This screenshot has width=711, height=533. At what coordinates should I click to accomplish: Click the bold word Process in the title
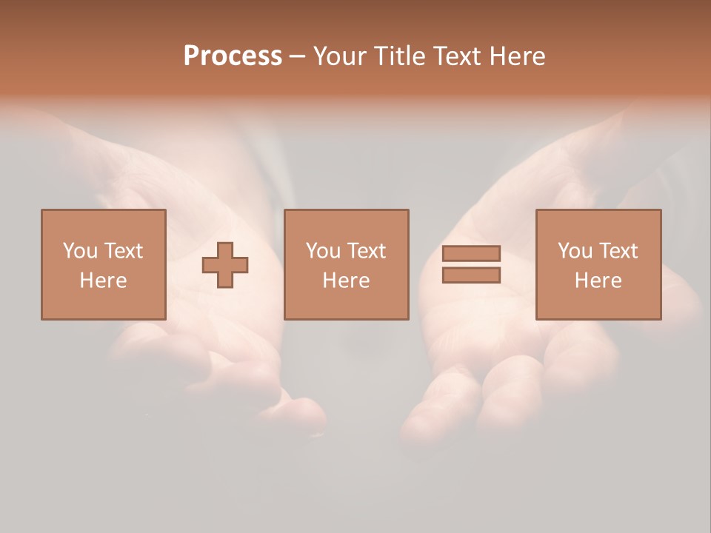coord(233,56)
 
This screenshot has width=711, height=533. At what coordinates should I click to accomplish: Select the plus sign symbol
coord(225,265)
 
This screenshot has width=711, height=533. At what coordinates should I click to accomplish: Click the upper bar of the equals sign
coord(471,253)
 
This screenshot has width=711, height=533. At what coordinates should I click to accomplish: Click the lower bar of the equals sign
coord(471,275)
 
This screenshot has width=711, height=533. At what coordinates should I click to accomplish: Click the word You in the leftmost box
coord(80,251)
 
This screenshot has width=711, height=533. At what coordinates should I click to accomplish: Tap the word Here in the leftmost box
coord(103,281)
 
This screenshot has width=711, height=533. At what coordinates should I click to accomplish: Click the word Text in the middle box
coord(366,251)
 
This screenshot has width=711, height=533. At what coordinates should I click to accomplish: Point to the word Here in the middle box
coord(346,281)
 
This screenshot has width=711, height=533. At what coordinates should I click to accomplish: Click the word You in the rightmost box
coord(575,251)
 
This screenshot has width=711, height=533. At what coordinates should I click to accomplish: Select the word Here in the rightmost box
coord(598,281)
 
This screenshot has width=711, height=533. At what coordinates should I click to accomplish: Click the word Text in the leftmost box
coord(123,251)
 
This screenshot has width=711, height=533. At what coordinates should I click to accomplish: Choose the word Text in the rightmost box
coord(618,251)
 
